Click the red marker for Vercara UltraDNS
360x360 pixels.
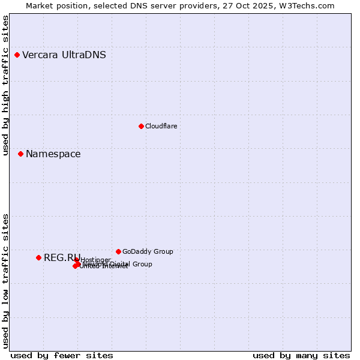click(17, 55)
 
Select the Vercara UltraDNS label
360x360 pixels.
click(64, 55)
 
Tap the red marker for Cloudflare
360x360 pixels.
click(141, 126)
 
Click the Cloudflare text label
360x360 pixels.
click(161, 126)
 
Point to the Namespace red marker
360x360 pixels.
click(20, 154)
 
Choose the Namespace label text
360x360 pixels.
click(53, 154)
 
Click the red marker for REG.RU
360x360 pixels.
click(38, 257)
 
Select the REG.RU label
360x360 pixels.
click(61, 257)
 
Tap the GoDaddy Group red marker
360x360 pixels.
click(118, 251)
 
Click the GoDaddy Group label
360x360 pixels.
click(148, 251)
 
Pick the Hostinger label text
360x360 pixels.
click(95, 260)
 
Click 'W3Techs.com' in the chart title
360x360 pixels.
click(310, 5)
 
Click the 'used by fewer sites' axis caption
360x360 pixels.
click(62, 355)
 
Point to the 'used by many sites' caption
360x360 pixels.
click(301, 355)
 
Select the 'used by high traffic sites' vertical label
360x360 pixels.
click(5, 86)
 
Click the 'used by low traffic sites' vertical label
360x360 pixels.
click(5, 281)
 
